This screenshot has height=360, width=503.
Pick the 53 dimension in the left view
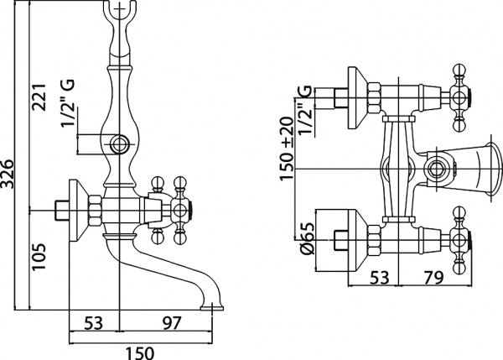pos(94,323)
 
